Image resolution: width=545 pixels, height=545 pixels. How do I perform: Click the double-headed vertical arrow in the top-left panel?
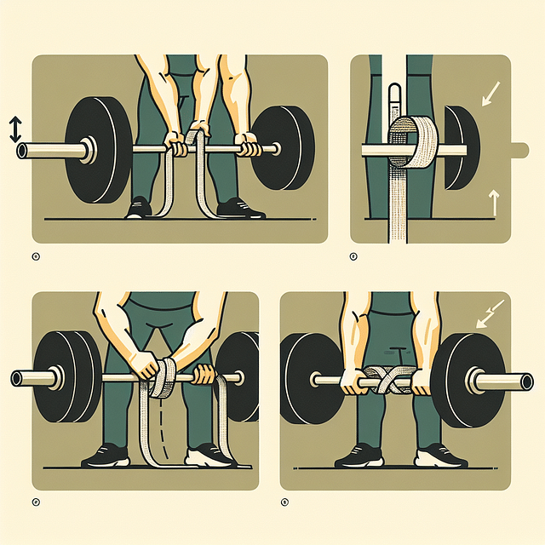click(14, 129)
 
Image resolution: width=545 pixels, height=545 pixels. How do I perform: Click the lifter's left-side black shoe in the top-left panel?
click(139, 209)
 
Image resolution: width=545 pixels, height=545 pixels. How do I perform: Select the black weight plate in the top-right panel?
click(459, 146)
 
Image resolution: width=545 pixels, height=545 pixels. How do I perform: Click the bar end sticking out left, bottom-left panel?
click(19, 377)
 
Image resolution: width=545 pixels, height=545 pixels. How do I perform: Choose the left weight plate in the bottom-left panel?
click(67, 377)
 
